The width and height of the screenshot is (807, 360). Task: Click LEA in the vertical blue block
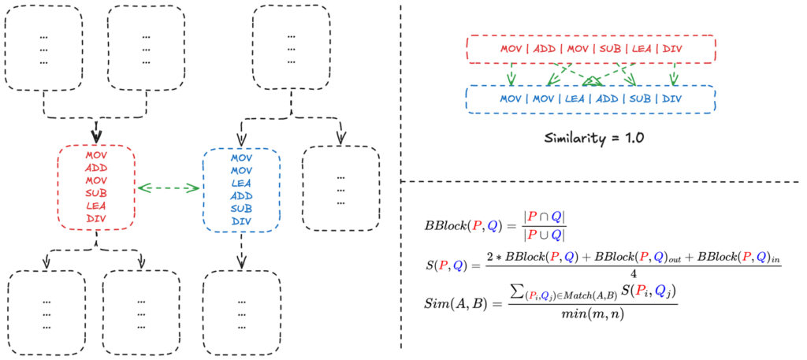pyautogui.click(x=240, y=183)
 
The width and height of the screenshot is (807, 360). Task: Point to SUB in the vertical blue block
pyautogui.click(x=240, y=208)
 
